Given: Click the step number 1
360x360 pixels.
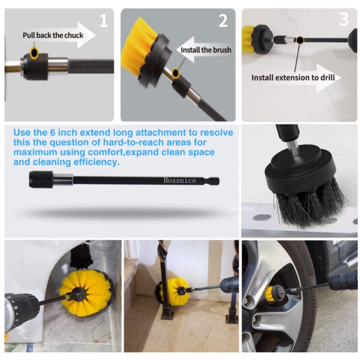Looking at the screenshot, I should (103, 20).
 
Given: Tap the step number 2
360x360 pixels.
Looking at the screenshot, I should (223, 20).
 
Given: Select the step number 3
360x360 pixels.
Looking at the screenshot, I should (344, 19).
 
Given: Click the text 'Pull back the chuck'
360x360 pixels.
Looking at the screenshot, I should (53, 35).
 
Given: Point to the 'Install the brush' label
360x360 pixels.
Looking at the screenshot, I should (206, 49).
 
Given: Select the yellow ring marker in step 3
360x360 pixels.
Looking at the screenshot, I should (299, 40).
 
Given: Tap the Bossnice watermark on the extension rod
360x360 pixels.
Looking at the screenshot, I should (180, 180).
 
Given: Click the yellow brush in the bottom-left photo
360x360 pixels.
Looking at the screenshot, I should (83, 293).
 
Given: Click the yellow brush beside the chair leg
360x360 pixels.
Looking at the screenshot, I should (172, 292).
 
